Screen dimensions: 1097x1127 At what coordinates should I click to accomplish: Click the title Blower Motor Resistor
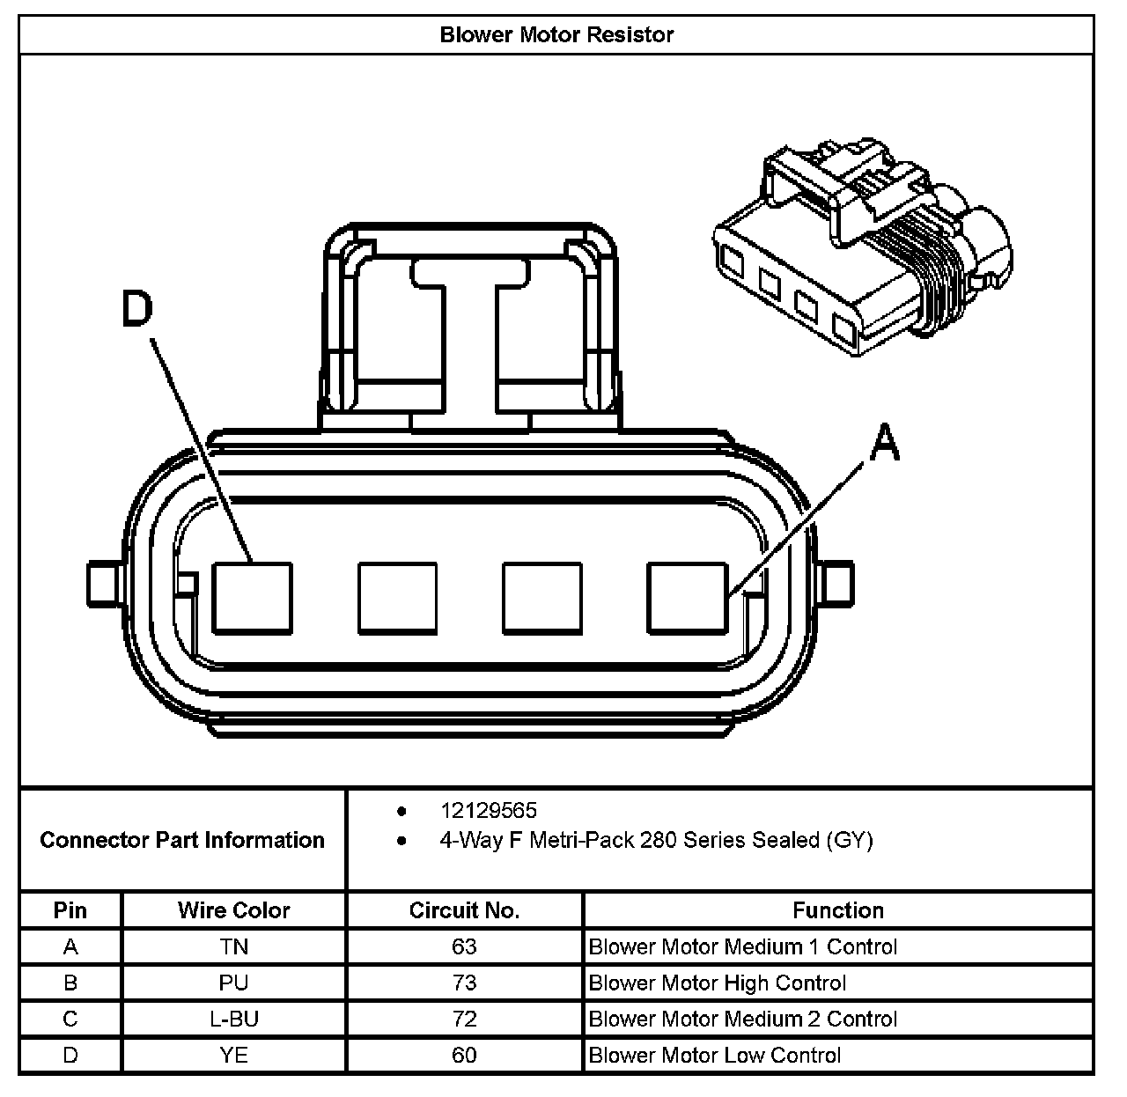click(556, 35)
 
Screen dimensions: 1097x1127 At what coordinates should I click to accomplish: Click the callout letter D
click(137, 310)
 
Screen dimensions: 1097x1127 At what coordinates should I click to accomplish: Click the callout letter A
click(884, 442)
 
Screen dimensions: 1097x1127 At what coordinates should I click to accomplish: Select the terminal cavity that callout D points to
click(253, 598)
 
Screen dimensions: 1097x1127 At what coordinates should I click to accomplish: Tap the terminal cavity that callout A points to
click(687, 598)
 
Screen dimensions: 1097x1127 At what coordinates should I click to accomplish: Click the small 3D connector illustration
click(861, 247)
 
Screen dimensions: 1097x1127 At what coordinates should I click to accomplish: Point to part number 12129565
click(488, 810)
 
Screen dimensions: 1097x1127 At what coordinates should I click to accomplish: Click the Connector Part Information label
click(182, 840)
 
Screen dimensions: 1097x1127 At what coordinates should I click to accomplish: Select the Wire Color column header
click(233, 910)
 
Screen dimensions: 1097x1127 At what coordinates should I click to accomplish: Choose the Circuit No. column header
click(464, 910)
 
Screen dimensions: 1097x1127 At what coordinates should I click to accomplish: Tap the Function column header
click(837, 910)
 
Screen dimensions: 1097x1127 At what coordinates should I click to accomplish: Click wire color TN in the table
click(233, 946)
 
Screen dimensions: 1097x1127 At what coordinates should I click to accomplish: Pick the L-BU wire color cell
click(233, 1019)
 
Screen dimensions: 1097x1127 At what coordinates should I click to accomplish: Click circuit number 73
click(464, 983)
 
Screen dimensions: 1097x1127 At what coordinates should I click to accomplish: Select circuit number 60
click(464, 1055)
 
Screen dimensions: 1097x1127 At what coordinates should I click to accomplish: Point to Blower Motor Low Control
click(715, 1055)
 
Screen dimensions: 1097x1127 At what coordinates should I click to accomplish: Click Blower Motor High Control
click(717, 983)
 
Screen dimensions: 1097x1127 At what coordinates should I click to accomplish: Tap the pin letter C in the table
click(70, 1019)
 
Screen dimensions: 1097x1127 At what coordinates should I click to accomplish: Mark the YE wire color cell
click(233, 1055)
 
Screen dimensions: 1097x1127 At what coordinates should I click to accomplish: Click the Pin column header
click(70, 910)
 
